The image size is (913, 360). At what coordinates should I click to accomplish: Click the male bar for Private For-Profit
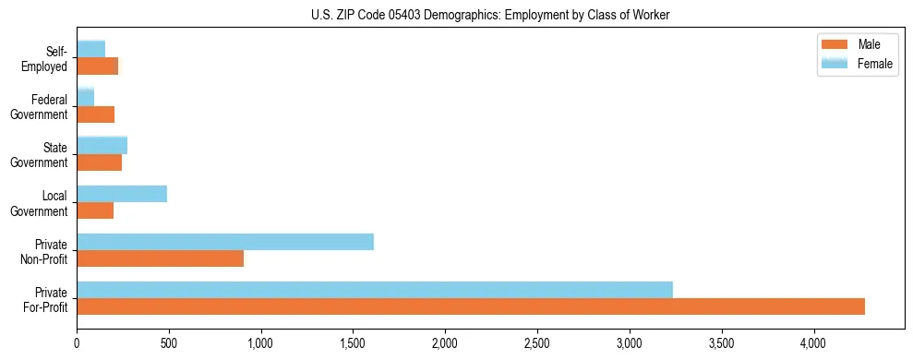point(471,306)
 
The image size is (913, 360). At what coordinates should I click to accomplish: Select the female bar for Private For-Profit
point(375,290)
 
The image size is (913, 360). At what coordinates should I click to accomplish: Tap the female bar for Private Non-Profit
point(225,242)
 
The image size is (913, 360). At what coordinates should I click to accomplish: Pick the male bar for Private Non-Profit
point(161,258)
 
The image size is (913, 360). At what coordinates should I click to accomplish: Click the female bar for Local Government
point(122,194)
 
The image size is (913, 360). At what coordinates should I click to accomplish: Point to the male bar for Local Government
point(95,210)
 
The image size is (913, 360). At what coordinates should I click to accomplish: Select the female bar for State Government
point(102,145)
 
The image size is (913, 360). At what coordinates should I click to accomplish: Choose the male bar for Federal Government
point(96,114)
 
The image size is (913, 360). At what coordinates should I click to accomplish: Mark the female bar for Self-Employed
point(91,49)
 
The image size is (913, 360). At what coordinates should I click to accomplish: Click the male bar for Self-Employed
point(98,66)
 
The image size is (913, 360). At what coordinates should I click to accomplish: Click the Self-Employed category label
point(46,58)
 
